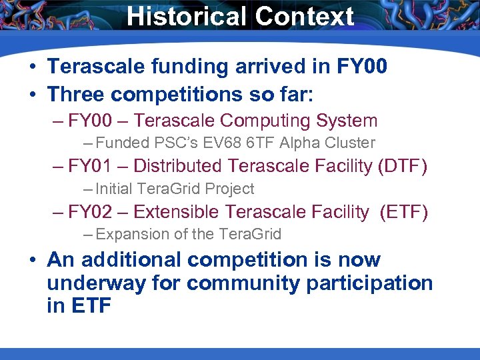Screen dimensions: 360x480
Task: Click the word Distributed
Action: coord(180,166)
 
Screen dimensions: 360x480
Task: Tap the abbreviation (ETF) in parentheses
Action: coord(404,212)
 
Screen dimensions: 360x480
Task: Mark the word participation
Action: coord(369,283)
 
